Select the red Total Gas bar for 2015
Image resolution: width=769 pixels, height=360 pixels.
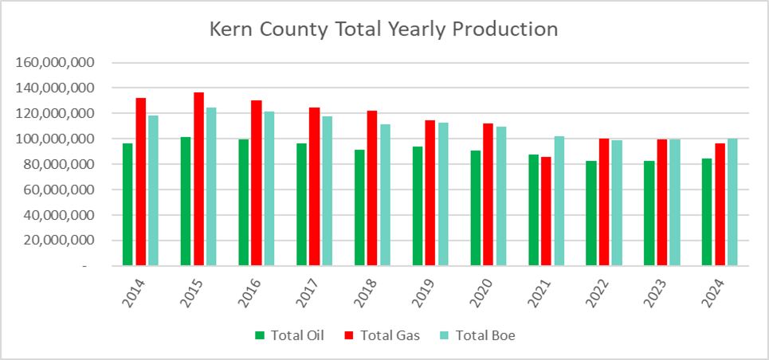click(x=198, y=179)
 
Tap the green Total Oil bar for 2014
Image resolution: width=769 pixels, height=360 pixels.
click(x=128, y=205)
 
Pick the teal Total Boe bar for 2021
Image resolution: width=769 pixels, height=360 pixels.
click(x=559, y=201)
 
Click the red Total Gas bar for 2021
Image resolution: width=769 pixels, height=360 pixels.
click(x=546, y=211)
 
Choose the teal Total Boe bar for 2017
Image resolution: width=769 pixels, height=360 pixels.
click(x=327, y=191)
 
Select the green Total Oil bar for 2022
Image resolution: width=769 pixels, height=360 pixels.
click(x=590, y=213)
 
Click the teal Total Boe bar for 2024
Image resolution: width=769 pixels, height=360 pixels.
click(x=732, y=202)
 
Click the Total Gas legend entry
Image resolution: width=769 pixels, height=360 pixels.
click(x=382, y=335)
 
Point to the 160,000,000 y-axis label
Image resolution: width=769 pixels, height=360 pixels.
click(x=61, y=62)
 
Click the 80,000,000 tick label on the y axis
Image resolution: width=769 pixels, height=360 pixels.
click(x=65, y=164)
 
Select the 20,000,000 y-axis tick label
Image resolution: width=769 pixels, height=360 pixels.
click(x=65, y=241)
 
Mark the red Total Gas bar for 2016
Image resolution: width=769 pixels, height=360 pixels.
click(x=257, y=183)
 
